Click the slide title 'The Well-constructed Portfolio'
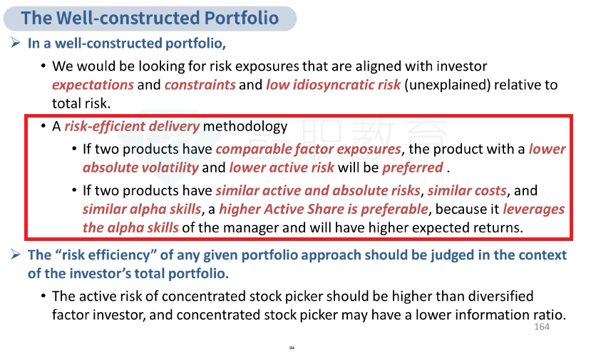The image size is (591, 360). [150, 18]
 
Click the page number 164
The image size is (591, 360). [542, 326]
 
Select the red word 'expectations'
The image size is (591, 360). [93, 86]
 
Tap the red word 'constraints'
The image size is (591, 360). [200, 85]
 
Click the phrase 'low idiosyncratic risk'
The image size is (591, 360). [333, 85]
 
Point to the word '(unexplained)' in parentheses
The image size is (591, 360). [448, 85]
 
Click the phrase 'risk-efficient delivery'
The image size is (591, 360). [132, 126]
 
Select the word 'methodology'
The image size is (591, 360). [245, 126]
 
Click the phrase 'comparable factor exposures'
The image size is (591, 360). [308, 149]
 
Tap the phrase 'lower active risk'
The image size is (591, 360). [282, 168]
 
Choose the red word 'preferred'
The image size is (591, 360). [413, 168]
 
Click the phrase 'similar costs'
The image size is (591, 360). [467, 190]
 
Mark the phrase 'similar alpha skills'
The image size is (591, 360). [142, 209]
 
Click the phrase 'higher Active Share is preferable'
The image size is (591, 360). [324, 209]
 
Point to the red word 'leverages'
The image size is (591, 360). [534, 209]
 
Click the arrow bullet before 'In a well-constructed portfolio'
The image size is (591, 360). [16, 43]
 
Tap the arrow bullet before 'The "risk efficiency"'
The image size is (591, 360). [16, 254]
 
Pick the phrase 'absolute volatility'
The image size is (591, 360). [140, 168]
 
